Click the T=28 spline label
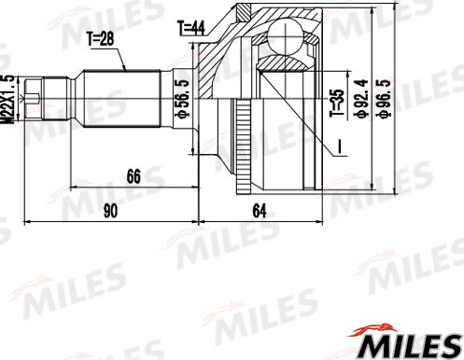point(103,40)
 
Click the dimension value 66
point(134,174)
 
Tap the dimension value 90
point(111,210)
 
